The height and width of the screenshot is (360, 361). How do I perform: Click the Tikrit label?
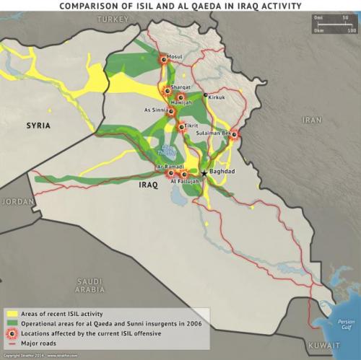(x=192, y=126)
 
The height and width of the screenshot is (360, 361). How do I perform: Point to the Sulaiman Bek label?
(x=214, y=133)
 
